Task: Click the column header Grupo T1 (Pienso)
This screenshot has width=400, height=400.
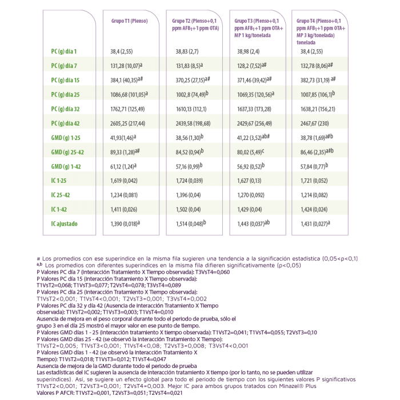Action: [129, 21]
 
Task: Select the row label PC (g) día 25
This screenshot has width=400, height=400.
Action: [65, 95]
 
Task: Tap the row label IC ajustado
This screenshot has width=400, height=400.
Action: [64, 224]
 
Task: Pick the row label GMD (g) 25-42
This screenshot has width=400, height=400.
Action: [67, 152]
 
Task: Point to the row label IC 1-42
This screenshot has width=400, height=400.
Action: [59, 210]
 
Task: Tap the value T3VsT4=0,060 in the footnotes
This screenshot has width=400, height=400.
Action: [213, 272]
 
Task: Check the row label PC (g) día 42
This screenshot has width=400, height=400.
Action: [65, 123]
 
